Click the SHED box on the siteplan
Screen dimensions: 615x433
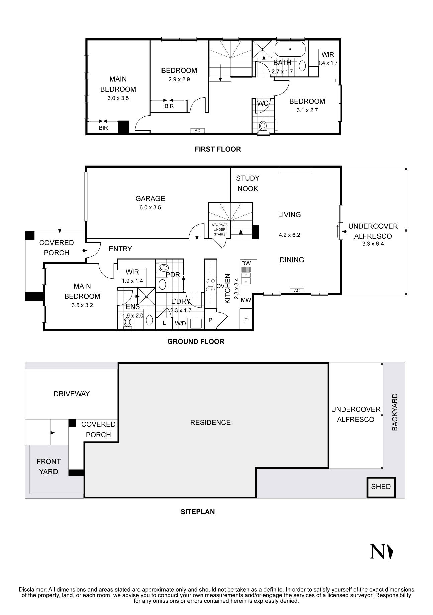click(x=381, y=487)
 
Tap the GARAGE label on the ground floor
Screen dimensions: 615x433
click(x=150, y=198)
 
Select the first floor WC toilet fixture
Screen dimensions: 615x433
click(x=263, y=126)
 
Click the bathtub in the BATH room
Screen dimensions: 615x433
click(x=290, y=49)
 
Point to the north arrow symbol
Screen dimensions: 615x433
click(x=382, y=551)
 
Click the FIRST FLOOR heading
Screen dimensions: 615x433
click(x=218, y=149)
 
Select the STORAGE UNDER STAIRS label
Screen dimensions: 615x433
click(x=220, y=229)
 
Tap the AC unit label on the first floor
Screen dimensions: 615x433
click(x=197, y=131)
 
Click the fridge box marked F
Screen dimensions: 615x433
click(x=246, y=320)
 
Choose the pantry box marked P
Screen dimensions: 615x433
click(x=210, y=320)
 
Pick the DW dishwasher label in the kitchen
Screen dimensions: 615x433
click(x=246, y=263)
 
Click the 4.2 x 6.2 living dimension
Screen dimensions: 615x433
click(x=289, y=235)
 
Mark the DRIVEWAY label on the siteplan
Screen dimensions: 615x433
click(x=72, y=394)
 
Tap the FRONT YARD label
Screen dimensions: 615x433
click(x=48, y=466)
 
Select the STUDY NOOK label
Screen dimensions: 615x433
click(x=248, y=183)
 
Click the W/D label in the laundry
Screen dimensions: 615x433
click(x=180, y=323)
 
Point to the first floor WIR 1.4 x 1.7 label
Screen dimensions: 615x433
click(x=328, y=58)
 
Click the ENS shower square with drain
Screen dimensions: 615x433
click(x=147, y=296)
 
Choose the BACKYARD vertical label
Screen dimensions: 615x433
click(x=395, y=412)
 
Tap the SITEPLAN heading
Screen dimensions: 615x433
click(x=198, y=512)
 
